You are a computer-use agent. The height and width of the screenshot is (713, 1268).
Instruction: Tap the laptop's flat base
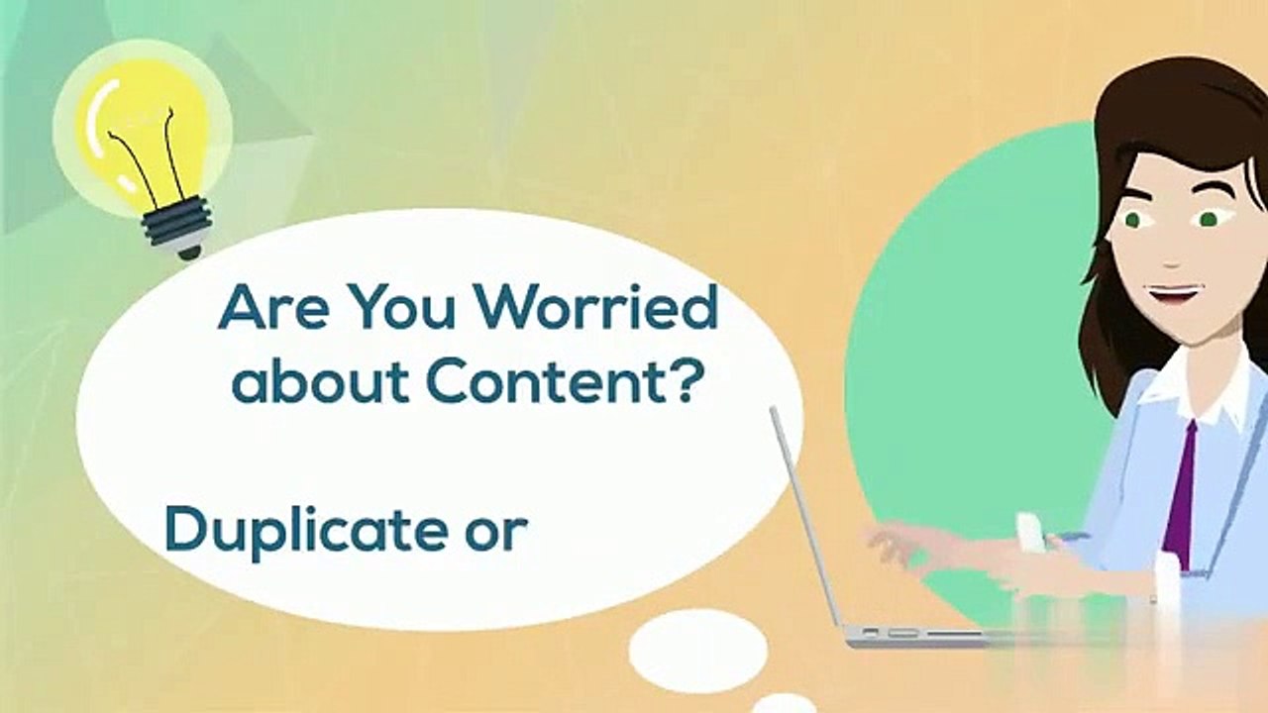click(921, 635)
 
